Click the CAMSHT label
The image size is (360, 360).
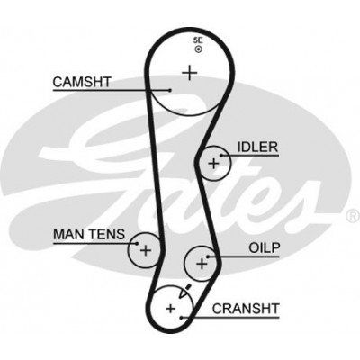tap(82, 82)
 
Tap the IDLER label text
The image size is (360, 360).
tap(258, 148)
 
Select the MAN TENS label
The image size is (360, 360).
tap(89, 234)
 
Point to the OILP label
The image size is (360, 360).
tap(265, 247)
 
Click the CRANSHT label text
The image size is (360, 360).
tap(246, 309)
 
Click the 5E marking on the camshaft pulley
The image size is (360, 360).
tap(198, 40)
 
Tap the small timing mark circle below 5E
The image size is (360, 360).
tap(198, 49)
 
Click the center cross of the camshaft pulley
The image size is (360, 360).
tap(190, 73)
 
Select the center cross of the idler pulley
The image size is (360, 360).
tap(214, 164)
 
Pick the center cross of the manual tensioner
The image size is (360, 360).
tap(146, 250)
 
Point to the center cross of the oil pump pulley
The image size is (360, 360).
tap(202, 264)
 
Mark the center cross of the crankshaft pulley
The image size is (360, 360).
tap(171, 308)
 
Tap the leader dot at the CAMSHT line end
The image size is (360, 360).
tap(170, 90)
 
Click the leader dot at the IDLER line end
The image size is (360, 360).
tap(221, 156)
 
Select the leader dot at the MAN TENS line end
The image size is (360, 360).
tap(137, 243)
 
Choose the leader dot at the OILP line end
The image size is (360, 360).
tap(208, 256)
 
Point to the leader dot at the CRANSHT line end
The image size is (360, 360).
tap(181, 318)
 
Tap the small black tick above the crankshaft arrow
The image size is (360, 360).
tap(188, 286)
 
